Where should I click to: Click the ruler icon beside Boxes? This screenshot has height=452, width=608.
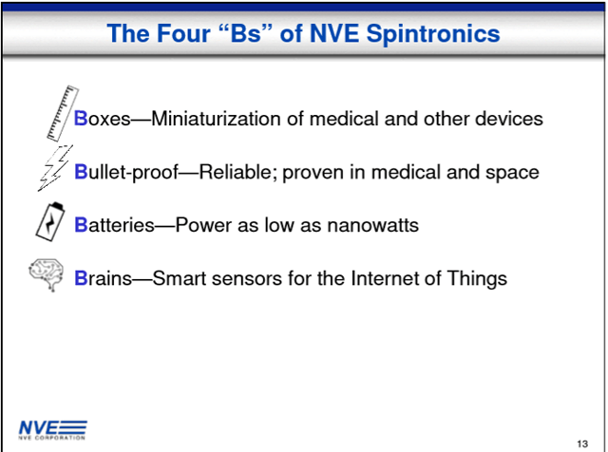60,112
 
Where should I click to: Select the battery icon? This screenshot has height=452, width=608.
52,223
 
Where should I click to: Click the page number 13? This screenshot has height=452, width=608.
581,443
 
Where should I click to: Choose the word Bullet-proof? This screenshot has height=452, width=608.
123,173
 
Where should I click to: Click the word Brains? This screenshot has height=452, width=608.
101,278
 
